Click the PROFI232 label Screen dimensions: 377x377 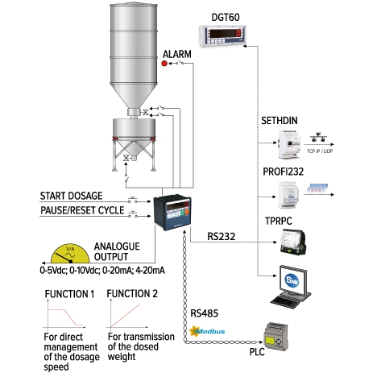285,172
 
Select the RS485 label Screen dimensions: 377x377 206,313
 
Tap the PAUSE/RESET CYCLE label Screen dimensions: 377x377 82,211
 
